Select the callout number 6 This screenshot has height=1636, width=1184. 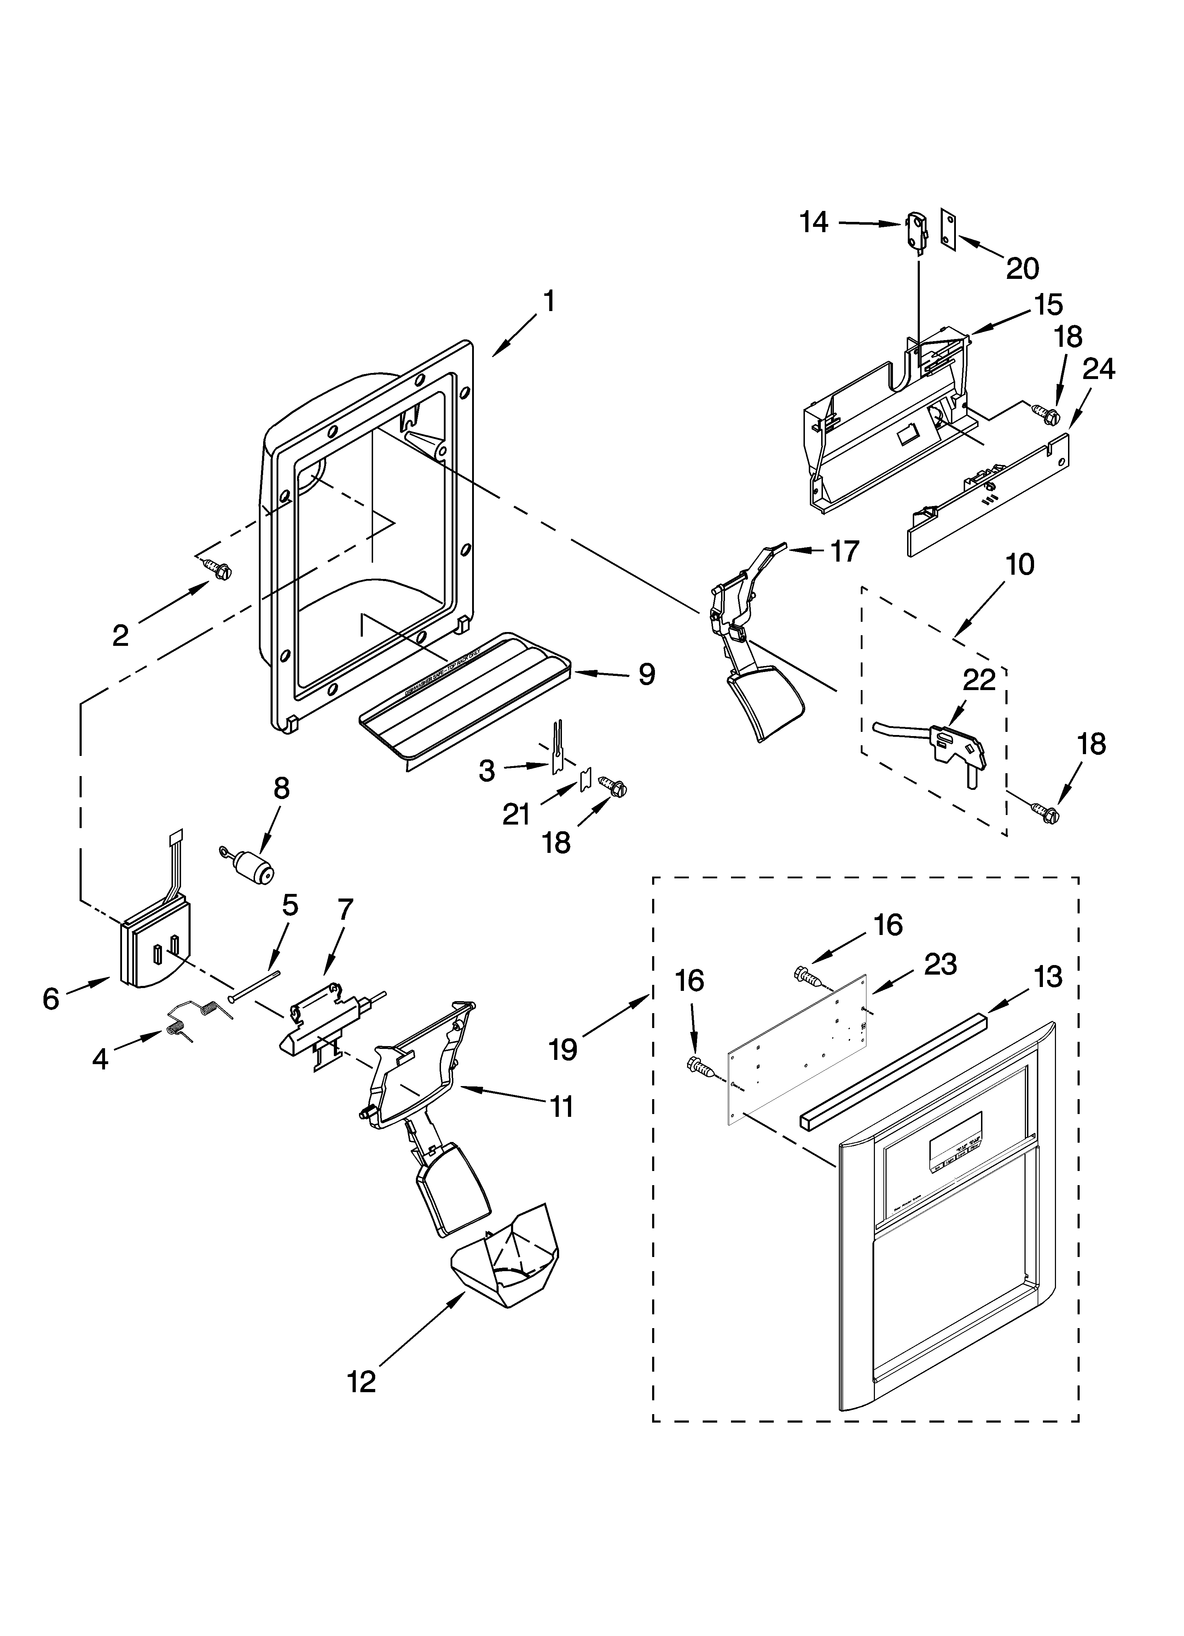51,1000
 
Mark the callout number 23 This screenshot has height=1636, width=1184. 940,964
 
